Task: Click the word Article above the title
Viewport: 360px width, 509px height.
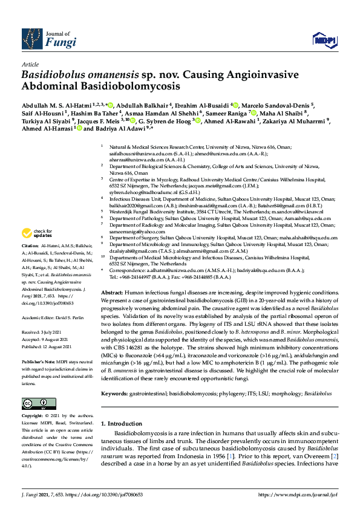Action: point(30,64)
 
